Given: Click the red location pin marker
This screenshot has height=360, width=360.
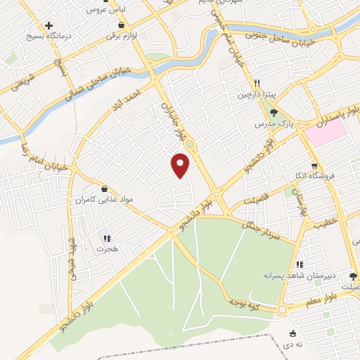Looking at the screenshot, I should [181, 165].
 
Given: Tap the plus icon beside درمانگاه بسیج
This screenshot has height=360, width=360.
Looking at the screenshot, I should [49, 25].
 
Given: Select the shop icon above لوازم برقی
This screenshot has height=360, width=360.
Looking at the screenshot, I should [122, 25].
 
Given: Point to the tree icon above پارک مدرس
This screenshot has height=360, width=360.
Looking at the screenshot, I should [274, 112].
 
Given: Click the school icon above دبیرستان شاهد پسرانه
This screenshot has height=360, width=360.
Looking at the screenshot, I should [300, 264].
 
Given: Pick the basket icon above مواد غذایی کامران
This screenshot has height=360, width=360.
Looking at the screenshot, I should [105, 188].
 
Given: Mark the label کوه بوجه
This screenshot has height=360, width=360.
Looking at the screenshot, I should [245, 302].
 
